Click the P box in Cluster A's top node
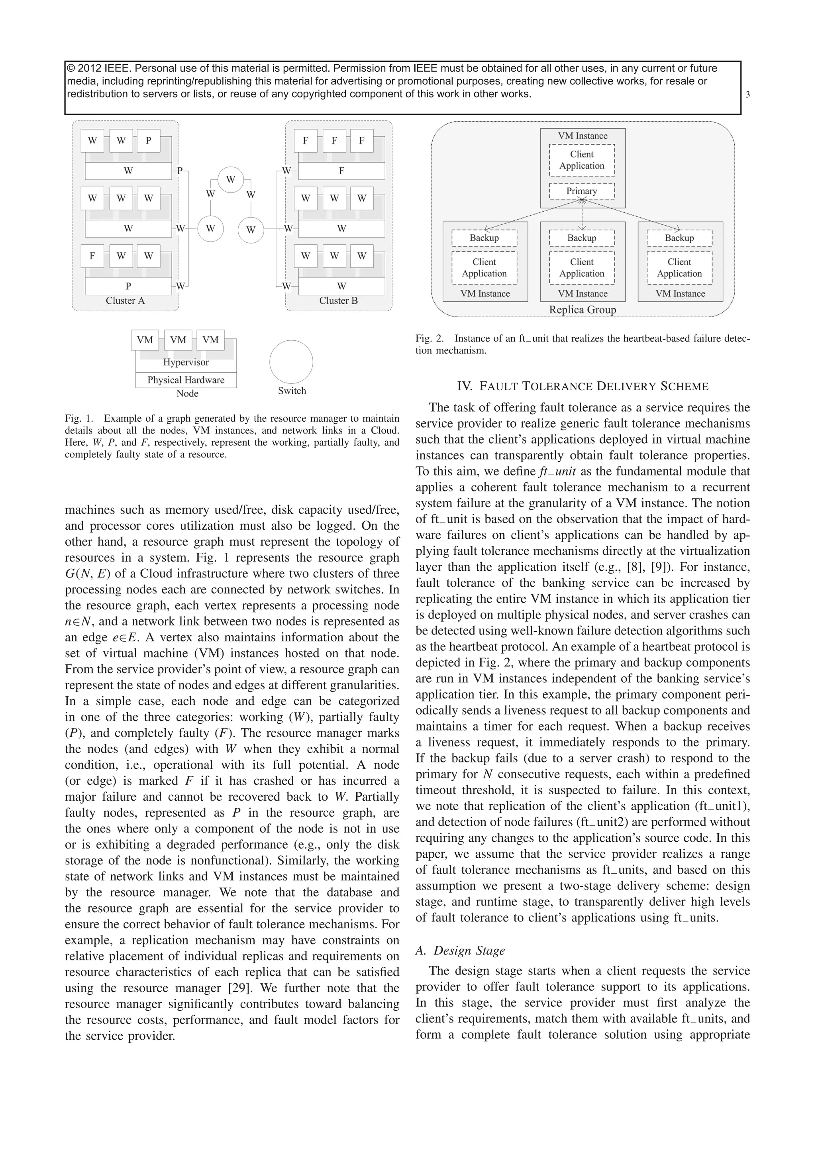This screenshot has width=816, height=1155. tap(148, 141)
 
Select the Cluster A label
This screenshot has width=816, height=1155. tap(125, 301)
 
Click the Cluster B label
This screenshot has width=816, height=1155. tap(338, 301)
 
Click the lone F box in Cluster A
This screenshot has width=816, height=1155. tap(92, 256)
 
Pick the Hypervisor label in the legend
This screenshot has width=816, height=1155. tap(186, 362)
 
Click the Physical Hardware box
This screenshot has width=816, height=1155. tap(186, 380)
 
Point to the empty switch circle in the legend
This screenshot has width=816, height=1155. tap(291, 362)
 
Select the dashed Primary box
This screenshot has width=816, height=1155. tap(582, 191)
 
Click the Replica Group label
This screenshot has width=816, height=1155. tap(582, 310)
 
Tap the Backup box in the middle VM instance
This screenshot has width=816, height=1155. tap(582, 238)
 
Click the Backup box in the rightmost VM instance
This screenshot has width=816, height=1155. tap(679, 238)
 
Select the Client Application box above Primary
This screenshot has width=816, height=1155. tap(582, 160)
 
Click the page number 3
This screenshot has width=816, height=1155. tap(747, 94)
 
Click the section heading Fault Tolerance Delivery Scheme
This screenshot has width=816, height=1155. tap(582, 386)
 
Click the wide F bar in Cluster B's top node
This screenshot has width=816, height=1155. tap(341, 171)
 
